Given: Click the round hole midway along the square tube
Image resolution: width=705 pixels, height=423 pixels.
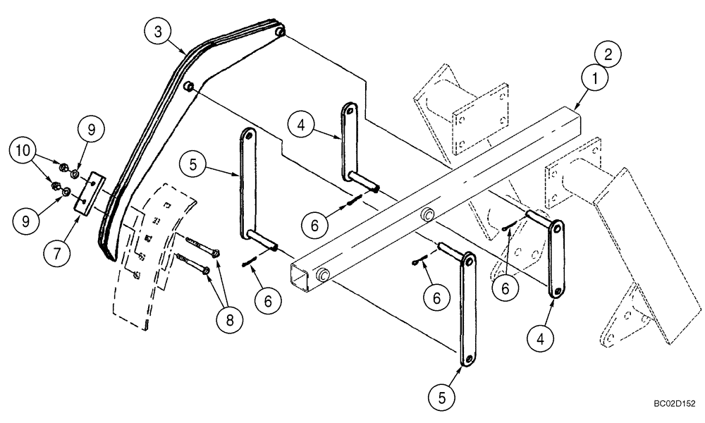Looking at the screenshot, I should [x=427, y=214].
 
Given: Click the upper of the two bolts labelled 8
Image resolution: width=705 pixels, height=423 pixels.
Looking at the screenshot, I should [x=201, y=246].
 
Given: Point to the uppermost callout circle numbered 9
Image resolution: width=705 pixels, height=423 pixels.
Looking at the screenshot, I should [x=91, y=130].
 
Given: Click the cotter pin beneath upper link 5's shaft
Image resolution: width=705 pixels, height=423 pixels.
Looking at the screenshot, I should [x=247, y=262].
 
